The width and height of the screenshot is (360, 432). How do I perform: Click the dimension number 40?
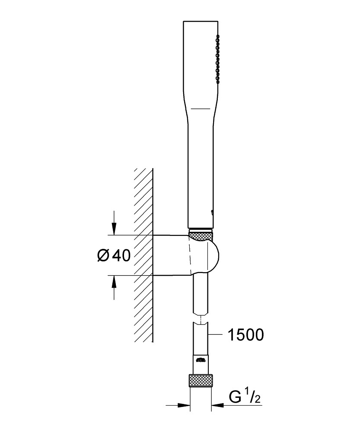[121, 255]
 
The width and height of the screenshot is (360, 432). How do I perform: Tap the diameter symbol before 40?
[104, 255]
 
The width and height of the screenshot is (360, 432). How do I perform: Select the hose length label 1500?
[246, 335]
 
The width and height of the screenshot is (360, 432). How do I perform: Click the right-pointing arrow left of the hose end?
[178, 405]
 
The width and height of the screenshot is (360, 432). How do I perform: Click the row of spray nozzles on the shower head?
[218, 59]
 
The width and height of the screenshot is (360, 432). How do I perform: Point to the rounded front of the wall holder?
[213, 255]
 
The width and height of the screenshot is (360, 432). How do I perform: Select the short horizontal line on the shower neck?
[201, 108]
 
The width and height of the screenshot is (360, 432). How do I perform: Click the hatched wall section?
[143, 255]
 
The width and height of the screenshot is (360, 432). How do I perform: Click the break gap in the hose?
[201, 319]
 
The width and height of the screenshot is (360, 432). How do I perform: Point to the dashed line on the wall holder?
[190, 254]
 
